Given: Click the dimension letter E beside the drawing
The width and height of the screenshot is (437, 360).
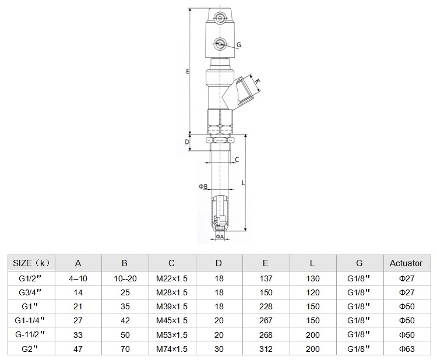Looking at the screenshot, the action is [x=188, y=71].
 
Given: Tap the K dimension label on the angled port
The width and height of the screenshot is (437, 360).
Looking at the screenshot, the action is [x=258, y=81].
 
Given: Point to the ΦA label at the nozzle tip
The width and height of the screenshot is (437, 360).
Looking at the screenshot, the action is [x=220, y=237].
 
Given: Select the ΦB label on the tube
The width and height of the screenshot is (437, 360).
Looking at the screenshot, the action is [x=203, y=186].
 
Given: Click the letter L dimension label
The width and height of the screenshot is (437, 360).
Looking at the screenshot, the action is [x=244, y=183].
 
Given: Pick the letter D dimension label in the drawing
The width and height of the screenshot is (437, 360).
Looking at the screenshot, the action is [x=187, y=142].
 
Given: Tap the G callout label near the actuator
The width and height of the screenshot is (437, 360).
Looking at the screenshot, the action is [x=238, y=45].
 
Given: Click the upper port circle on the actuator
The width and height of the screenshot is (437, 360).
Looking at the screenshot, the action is [x=220, y=19].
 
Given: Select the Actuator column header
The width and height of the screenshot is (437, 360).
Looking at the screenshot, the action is [x=406, y=263].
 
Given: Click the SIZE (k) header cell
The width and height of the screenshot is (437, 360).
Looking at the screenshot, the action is [x=31, y=263].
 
